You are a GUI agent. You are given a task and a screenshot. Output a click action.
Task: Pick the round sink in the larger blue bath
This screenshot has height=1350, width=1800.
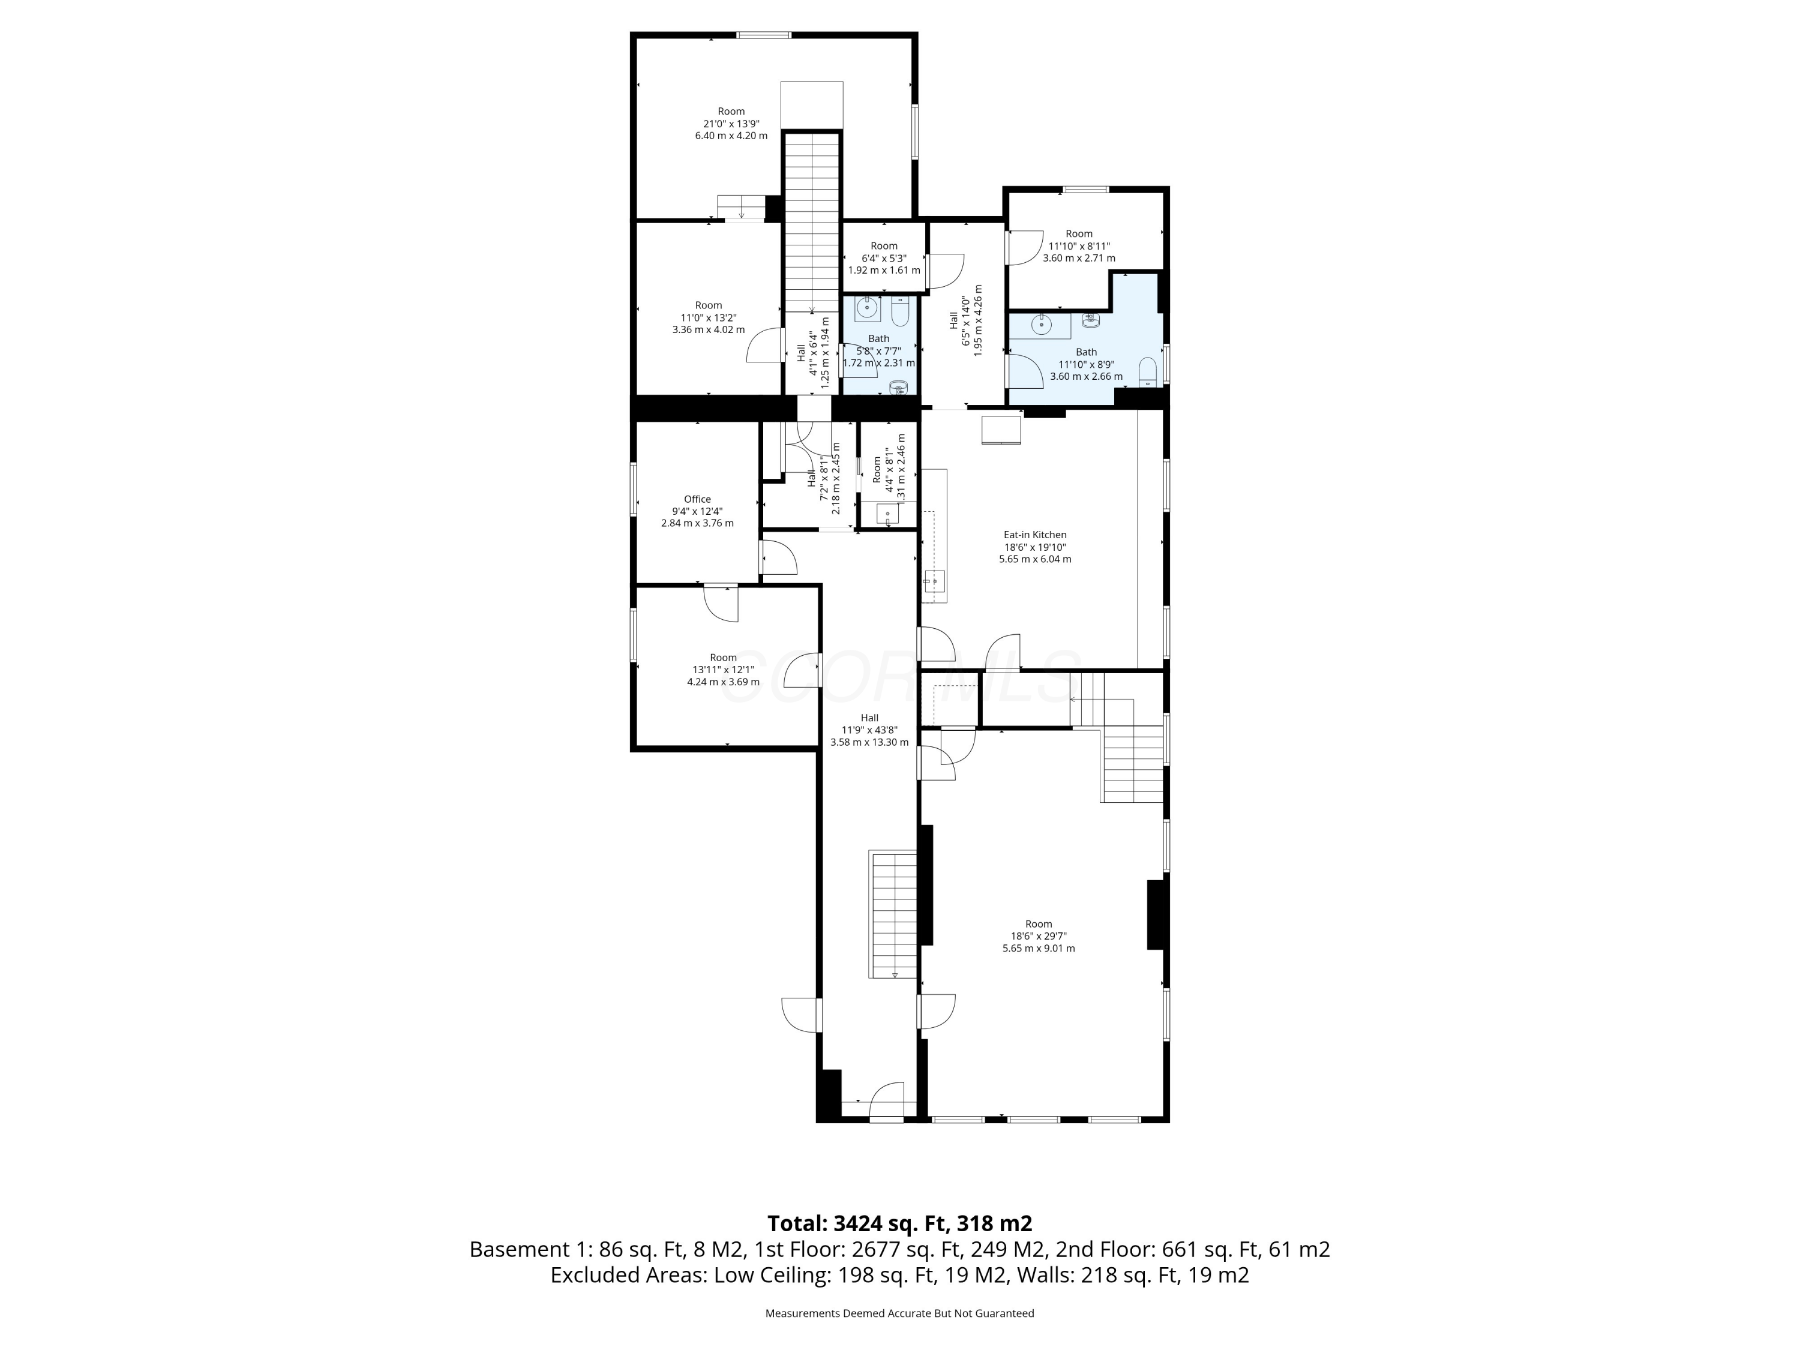click(1041, 324)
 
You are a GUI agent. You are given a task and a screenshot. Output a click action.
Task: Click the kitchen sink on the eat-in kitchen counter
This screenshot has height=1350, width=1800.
click(934, 581)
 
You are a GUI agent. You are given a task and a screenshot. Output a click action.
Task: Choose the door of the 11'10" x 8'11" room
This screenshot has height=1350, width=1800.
click(1023, 247)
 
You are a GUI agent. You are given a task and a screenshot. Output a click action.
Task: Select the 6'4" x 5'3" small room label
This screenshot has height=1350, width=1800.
click(884, 258)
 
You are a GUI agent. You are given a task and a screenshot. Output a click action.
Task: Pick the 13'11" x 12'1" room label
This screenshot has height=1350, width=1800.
click(722, 670)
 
